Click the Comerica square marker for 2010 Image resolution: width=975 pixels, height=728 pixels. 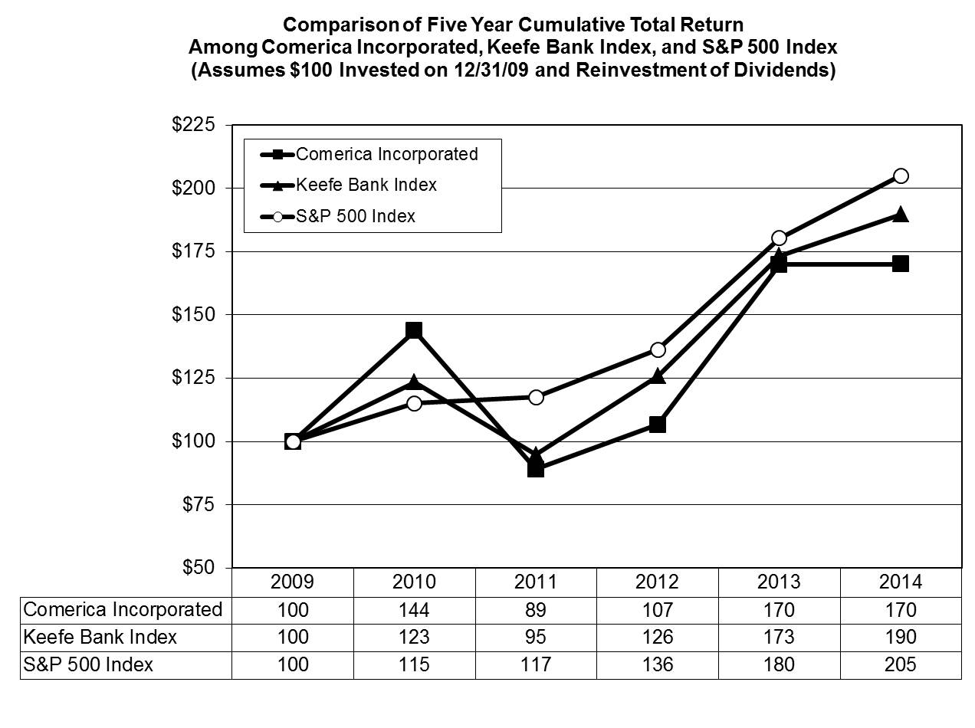click(414, 330)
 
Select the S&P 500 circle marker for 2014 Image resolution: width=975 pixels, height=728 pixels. click(901, 175)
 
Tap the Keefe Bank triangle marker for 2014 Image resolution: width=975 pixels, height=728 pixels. click(901, 215)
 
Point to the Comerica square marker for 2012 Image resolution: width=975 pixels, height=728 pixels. click(657, 424)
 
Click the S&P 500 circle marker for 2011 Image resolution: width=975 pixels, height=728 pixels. click(536, 397)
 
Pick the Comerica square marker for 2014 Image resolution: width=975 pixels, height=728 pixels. click(901, 264)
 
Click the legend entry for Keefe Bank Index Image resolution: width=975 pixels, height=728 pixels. click(366, 185)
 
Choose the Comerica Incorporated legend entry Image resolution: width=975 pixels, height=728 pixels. click(386, 154)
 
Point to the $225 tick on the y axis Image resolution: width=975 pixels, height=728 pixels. click(193, 125)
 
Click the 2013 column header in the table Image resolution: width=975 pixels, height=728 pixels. click(779, 582)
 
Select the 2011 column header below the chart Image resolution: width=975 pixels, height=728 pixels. click(536, 582)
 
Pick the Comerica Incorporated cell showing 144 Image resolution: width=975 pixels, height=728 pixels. click(414, 610)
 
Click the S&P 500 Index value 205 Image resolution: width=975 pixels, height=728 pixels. click(901, 664)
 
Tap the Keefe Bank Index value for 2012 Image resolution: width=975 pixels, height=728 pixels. click(657, 637)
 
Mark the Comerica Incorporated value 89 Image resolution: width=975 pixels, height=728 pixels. click(536, 610)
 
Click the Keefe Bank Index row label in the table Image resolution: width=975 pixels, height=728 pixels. click(100, 637)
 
